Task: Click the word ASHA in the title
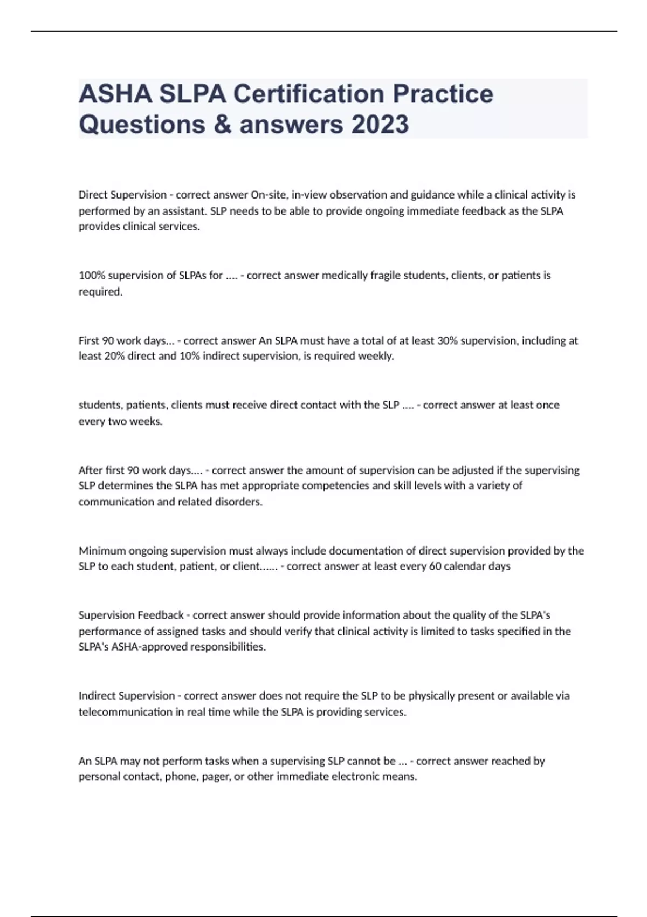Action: pyautogui.click(x=115, y=94)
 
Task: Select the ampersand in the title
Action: pyautogui.click(x=223, y=124)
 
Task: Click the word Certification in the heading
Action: pyautogui.click(x=309, y=94)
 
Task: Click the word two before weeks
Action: pyautogui.click(x=117, y=421)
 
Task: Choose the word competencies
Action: pyautogui.click(x=335, y=485)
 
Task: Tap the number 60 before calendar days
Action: pyautogui.click(x=435, y=566)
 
